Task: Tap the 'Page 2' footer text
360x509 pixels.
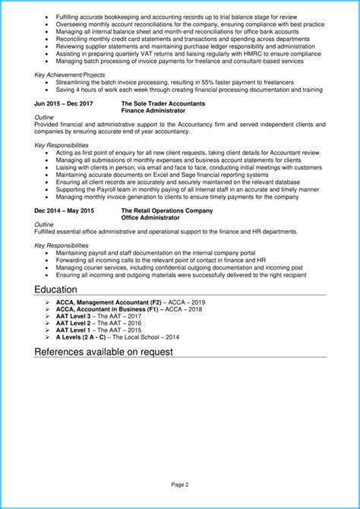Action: (179, 484)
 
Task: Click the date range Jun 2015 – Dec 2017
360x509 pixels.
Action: (63, 103)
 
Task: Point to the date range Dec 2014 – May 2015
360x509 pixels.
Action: (63, 210)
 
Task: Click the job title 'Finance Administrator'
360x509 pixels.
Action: (153, 110)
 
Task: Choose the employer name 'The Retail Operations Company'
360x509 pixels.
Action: (166, 210)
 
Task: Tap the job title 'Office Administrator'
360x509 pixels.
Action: (150, 217)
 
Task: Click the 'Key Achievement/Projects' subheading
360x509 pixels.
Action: (71, 74)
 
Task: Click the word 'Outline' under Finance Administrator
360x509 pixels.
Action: (44, 118)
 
